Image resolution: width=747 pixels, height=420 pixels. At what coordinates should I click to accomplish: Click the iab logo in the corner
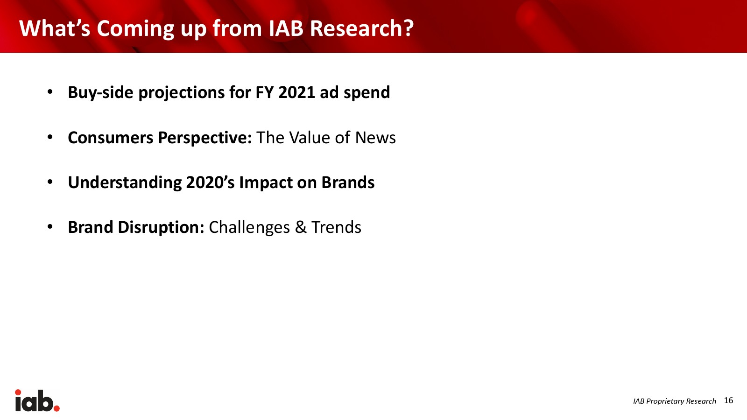37,400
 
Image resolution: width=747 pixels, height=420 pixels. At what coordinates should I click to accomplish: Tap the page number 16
729,400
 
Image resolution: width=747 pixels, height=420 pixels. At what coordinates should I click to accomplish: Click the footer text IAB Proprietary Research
674,401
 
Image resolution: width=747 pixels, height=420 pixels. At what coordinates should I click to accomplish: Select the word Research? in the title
362,28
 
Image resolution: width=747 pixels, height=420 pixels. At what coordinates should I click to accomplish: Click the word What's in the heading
55,28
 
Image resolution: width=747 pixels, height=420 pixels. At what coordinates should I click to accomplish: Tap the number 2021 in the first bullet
296,92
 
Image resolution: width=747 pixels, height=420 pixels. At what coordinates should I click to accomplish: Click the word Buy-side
101,93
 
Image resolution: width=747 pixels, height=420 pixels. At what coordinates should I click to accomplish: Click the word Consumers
110,138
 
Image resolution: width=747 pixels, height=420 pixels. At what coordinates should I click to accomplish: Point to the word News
375,138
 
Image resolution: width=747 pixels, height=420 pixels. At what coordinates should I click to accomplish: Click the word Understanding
125,183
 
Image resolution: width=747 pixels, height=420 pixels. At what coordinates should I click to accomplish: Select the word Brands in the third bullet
348,182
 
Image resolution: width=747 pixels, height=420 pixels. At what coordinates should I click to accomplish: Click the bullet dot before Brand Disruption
50,227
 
